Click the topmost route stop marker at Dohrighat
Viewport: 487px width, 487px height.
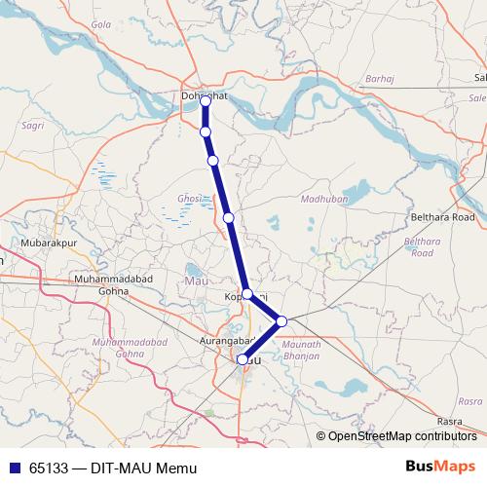click(206, 100)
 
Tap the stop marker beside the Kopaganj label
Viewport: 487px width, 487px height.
click(247, 293)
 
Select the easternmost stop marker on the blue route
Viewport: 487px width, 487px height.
click(281, 320)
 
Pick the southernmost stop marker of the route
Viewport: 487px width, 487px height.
click(243, 359)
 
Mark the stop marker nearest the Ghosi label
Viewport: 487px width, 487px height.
click(228, 218)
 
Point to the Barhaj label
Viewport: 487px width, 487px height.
click(378, 78)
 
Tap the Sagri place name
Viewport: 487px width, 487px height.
click(33, 126)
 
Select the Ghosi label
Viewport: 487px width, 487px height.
click(189, 199)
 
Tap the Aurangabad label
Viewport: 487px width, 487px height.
click(225, 341)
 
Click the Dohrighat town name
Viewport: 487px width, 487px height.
click(205, 95)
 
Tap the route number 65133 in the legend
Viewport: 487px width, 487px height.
click(49, 468)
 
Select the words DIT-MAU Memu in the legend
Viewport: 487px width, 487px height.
click(144, 468)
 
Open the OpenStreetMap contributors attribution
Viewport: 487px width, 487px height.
click(401, 435)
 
